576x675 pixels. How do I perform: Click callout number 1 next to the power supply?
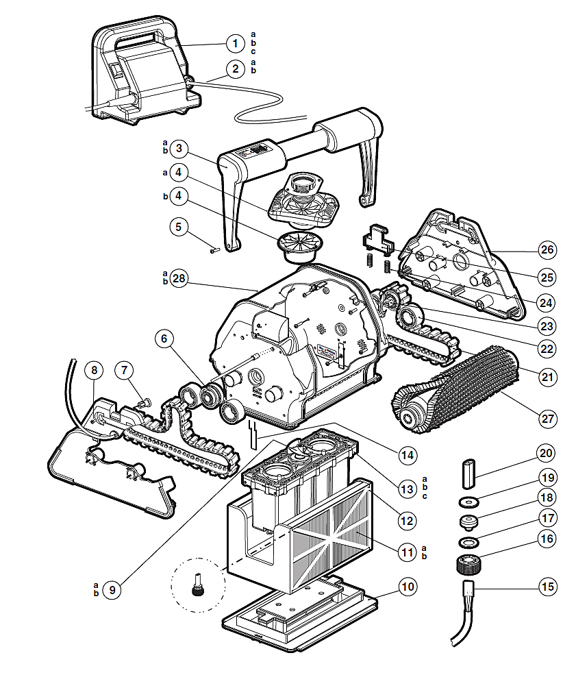(235, 44)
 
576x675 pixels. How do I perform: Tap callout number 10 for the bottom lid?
(407, 587)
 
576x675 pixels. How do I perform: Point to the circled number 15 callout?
(547, 587)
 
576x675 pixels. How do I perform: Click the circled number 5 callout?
(179, 226)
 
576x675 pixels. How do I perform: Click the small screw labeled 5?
(214, 250)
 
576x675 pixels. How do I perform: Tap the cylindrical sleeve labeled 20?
(469, 472)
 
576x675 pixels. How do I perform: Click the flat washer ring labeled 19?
(468, 500)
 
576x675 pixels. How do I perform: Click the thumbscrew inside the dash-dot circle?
(199, 587)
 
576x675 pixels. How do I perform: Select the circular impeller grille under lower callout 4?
(299, 243)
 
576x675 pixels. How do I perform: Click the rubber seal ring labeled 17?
(468, 543)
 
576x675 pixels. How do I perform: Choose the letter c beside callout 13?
(425, 496)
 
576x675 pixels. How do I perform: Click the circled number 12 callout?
(407, 521)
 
